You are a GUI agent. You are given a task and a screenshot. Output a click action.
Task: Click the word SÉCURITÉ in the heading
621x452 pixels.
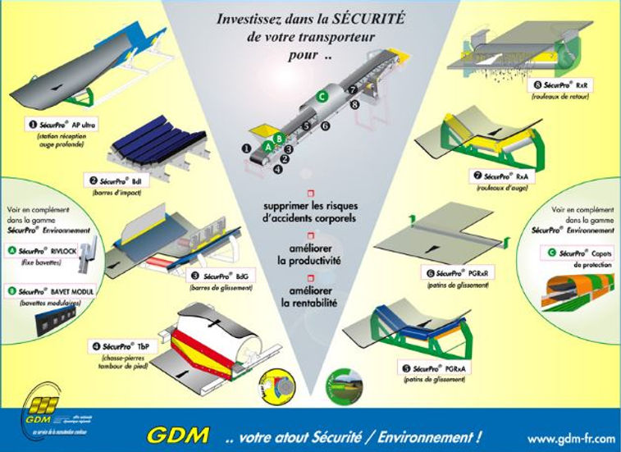point(379,18)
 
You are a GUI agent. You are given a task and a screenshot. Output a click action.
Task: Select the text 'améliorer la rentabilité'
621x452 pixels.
point(312,296)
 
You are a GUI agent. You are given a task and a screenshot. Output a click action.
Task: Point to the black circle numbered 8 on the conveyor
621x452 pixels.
point(354,105)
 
